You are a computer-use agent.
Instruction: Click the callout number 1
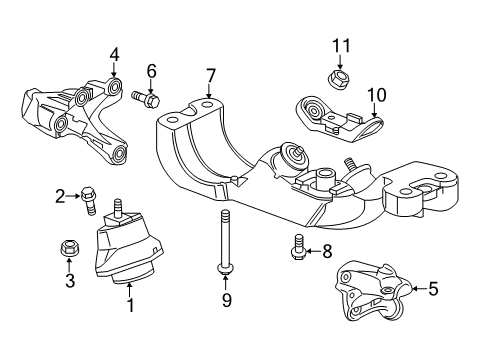click(129, 308)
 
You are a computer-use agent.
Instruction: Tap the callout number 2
click(60, 195)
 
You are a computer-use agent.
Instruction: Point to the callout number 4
click(114, 54)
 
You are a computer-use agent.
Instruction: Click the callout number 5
click(432, 290)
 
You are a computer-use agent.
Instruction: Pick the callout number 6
click(152, 70)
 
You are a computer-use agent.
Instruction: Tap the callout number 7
click(210, 74)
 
